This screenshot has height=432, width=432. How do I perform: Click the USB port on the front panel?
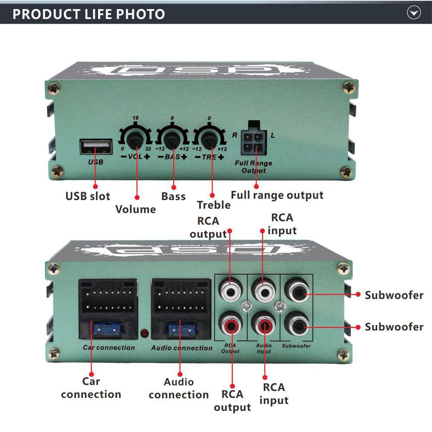(x=96, y=147)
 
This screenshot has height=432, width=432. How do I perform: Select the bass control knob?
(x=173, y=140)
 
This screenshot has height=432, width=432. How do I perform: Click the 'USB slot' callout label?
(x=88, y=196)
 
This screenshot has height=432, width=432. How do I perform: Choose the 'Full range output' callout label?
(x=277, y=195)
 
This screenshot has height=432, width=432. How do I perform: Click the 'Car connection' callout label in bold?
(x=91, y=388)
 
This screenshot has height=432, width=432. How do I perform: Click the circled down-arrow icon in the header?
(x=414, y=13)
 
